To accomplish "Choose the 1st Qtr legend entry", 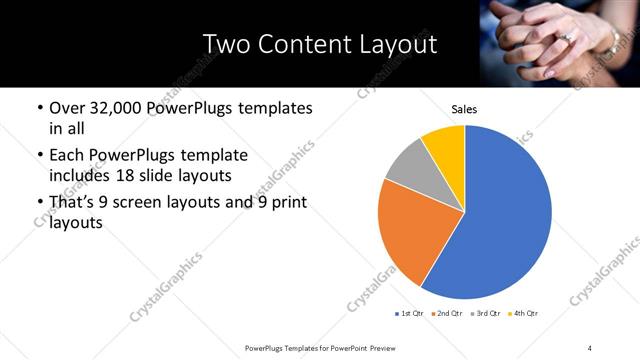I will (410, 314).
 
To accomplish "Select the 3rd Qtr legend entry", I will (487, 314).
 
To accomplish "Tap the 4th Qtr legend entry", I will (524, 314).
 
